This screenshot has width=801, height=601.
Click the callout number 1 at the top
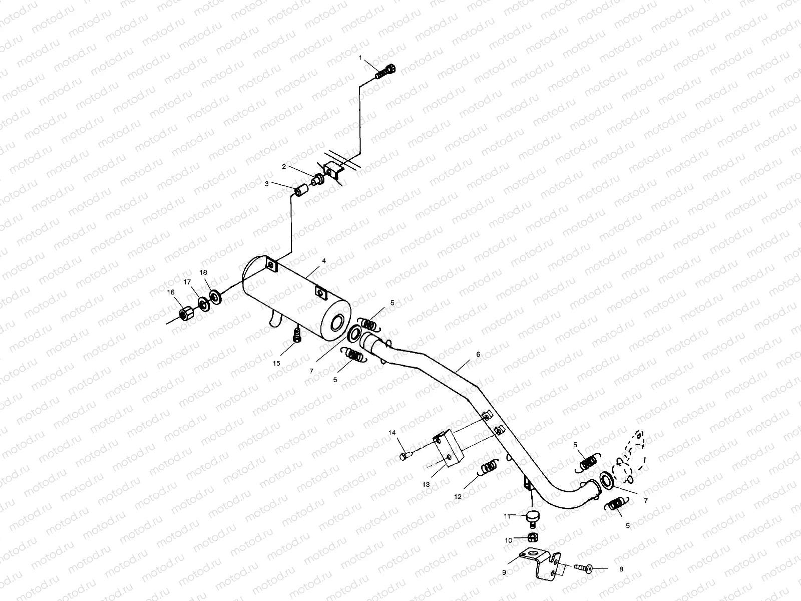359,58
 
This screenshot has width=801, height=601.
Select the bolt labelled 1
385,71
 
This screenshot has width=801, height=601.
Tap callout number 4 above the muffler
324,261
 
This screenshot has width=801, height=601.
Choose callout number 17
187,282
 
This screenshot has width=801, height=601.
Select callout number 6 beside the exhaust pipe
478,354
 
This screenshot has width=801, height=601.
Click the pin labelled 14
405,456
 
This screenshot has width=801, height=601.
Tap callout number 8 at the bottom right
621,569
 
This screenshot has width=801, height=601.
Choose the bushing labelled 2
317,179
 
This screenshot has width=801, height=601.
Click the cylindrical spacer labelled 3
301,191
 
